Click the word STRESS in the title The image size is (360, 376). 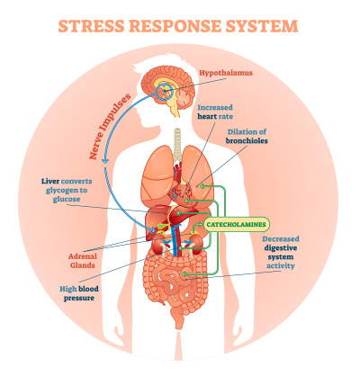(91, 26)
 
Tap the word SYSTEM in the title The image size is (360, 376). (262, 26)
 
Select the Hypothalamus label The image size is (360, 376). (226, 73)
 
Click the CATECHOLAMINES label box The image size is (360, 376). (236, 224)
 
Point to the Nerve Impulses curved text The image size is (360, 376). (111, 126)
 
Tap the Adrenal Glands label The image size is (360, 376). (83, 261)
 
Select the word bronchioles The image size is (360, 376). (247, 140)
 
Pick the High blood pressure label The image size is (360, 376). (79, 293)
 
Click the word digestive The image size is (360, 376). (281, 248)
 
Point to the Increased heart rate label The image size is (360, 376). (215, 112)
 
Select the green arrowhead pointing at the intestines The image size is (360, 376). (184, 274)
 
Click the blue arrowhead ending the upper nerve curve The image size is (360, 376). (104, 160)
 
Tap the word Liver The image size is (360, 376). (50, 181)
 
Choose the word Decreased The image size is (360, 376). (281, 239)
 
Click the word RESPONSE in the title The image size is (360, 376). (175, 26)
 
